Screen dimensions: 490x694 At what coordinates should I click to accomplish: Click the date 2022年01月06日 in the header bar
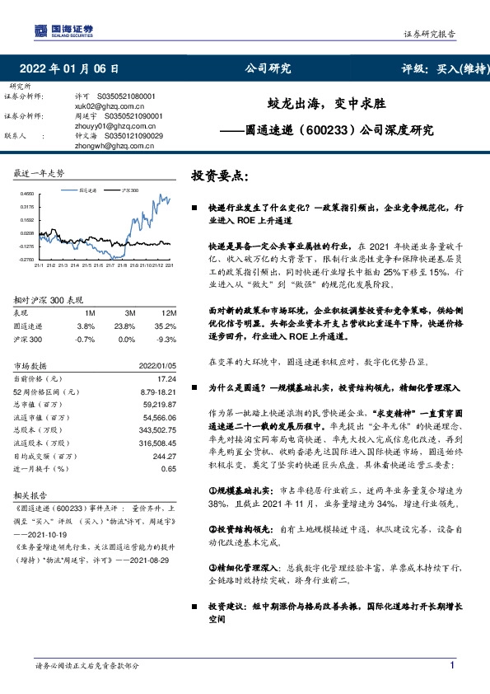click(x=73, y=68)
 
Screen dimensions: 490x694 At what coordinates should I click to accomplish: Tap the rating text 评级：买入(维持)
click(x=442, y=68)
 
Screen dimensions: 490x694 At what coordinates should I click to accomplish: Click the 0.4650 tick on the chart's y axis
click(x=28, y=195)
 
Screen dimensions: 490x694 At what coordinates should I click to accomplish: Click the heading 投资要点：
click(x=219, y=176)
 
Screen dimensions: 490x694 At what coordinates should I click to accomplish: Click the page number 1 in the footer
click(x=452, y=665)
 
